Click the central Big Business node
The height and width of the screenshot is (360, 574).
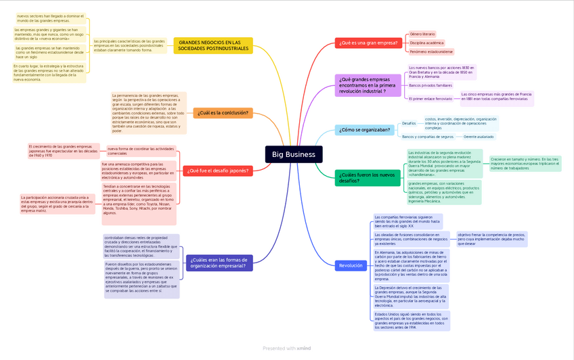tap(293, 154)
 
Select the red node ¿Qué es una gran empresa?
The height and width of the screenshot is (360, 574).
tap(368, 43)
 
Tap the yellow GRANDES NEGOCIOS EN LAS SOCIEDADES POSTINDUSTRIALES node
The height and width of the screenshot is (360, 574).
tap(213, 45)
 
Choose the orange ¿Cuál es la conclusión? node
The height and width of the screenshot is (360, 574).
tap(223, 113)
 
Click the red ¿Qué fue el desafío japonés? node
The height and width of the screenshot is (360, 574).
tap(218, 171)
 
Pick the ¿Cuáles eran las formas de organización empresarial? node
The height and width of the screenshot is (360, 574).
tap(219, 263)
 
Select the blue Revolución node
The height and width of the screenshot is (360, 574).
tap(351, 266)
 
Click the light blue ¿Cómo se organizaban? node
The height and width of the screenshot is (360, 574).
tap(364, 129)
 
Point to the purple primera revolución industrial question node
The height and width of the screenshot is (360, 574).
tap(368, 85)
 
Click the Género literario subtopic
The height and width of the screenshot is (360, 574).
tap(422, 34)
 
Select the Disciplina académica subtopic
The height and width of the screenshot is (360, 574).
tap(427, 43)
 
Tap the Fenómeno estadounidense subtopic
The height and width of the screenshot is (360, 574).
tap(431, 51)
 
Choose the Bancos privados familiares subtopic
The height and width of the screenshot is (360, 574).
tap(430, 85)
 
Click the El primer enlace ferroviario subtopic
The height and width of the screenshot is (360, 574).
tap(430, 99)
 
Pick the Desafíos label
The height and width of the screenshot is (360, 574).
tap(409, 123)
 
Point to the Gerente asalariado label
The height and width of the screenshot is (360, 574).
tap(479, 137)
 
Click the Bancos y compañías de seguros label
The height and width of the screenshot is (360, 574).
tap(428, 137)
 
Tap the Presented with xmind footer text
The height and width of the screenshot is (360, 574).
tap(286, 348)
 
